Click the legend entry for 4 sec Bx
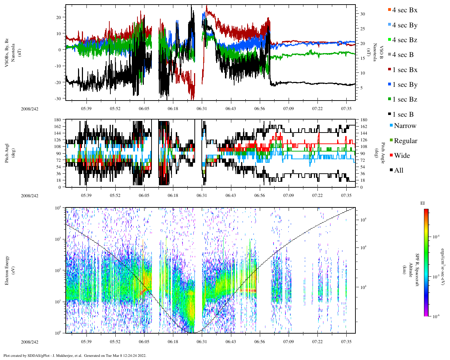pyautogui.click(x=404, y=10)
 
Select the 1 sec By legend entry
pyautogui.click(x=404, y=85)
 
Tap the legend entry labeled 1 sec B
pyautogui.click(x=403, y=115)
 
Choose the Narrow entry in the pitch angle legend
pyautogui.click(x=405, y=126)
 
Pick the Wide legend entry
pyautogui.click(x=401, y=156)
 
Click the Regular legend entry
pyautogui.click(x=405, y=141)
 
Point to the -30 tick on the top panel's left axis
pyautogui.click(x=57, y=98)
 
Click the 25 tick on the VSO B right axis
pyautogui.click(x=362, y=29)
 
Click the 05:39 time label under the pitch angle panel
pyautogui.click(x=86, y=195)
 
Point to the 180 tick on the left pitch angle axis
pyautogui.click(x=58, y=120)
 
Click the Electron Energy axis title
pyautogui.click(x=7, y=270)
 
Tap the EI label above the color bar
pyautogui.click(x=423, y=203)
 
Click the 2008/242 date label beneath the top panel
pyautogui.click(x=30, y=109)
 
